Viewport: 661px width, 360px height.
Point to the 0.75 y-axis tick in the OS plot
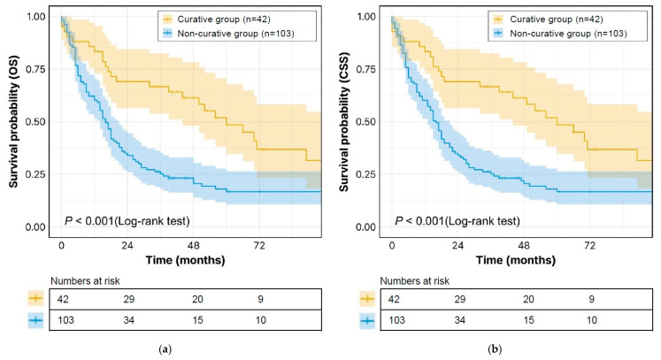[x=35, y=69]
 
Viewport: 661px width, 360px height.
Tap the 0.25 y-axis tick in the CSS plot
[x=366, y=174]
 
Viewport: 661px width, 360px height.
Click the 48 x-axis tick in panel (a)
[x=194, y=245]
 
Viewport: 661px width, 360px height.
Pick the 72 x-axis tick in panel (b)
[x=589, y=245]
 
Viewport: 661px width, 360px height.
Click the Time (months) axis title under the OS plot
[x=186, y=260]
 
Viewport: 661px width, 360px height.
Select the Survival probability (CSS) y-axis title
[x=344, y=122]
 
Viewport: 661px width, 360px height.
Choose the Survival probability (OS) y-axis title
[x=14, y=122]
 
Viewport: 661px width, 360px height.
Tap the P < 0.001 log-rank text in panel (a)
[x=127, y=221]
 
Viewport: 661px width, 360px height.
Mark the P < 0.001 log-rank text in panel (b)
[x=457, y=221]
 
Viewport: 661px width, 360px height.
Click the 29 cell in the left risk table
[x=129, y=299]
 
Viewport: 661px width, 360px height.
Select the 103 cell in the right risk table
[x=396, y=320]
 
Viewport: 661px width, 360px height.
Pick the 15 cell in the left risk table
[x=197, y=320]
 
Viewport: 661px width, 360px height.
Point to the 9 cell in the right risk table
[x=592, y=299]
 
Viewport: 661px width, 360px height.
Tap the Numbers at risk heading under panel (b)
[x=415, y=281]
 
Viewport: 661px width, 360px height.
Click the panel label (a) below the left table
[x=165, y=349]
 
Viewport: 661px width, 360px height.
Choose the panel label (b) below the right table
[x=495, y=349]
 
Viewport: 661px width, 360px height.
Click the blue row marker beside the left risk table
[x=35, y=320]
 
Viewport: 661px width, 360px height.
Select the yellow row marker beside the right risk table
[x=367, y=299]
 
